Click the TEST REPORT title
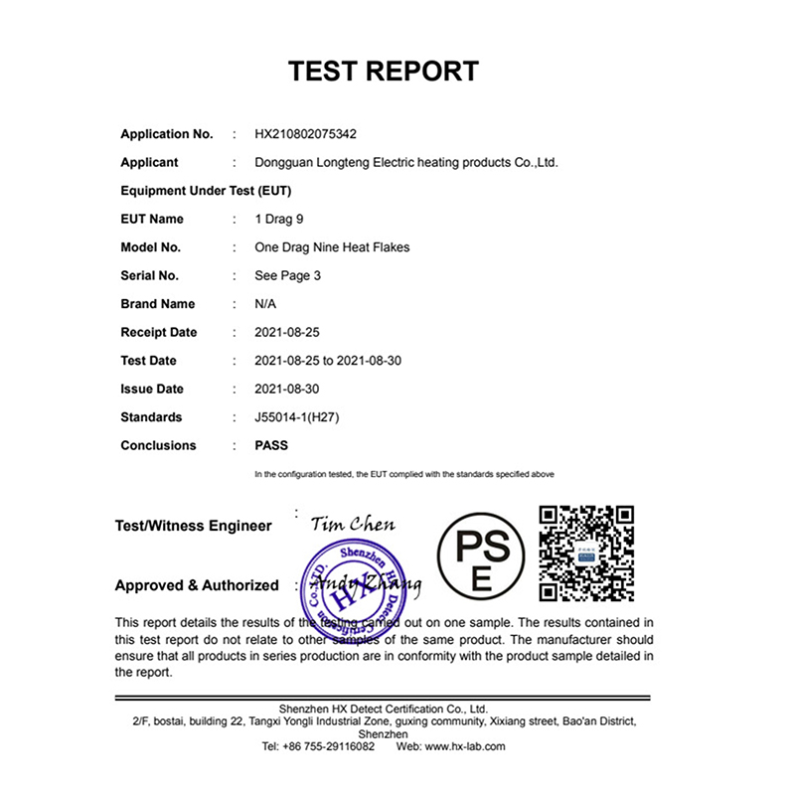[x=384, y=72]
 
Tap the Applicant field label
[x=149, y=162]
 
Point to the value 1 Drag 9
[x=279, y=219]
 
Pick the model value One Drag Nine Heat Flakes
[x=332, y=247]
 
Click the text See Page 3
[x=288, y=275]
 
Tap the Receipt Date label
[x=159, y=332]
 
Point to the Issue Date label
[x=152, y=389]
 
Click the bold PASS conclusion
[x=271, y=445]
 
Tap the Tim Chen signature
[x=352, y=525]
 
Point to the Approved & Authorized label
[x=197, y=585]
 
